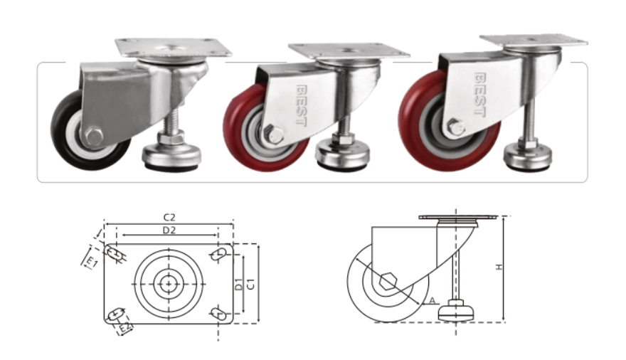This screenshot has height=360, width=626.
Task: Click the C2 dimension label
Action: pyautogui.click(x=169, y=218)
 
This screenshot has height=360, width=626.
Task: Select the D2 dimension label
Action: pyautogui.click(x=169, y=231)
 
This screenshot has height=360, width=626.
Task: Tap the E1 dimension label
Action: pyautogui.click(x=92, y=263)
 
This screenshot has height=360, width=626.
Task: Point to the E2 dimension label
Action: pyautogui.click(x=126, y=328)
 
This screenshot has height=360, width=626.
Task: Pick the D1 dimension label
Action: pyautogui.click(x=238, y=284)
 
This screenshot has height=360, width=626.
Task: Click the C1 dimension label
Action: pyautogui.click(x=251, y=284)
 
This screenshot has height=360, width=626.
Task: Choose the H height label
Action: pyautogui.click(x=499, y=267)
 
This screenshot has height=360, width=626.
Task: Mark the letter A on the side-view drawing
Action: pyautogui.click(x=433, y=300)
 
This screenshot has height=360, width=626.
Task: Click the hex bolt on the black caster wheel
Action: pyautogui.click(x=93, y=137)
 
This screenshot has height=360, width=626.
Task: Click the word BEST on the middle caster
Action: pyautogui.click(x=302, y=105)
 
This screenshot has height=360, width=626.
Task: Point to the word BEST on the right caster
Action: pyautogui.click(x=479, y=95)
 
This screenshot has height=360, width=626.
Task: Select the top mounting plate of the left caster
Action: pyautogui.click(x=174, y=48)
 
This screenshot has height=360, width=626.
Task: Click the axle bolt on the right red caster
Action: pyautogui.click(x=455, y=127)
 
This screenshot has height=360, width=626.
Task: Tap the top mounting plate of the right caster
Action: pyautogui.click(x=534, y=41)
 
